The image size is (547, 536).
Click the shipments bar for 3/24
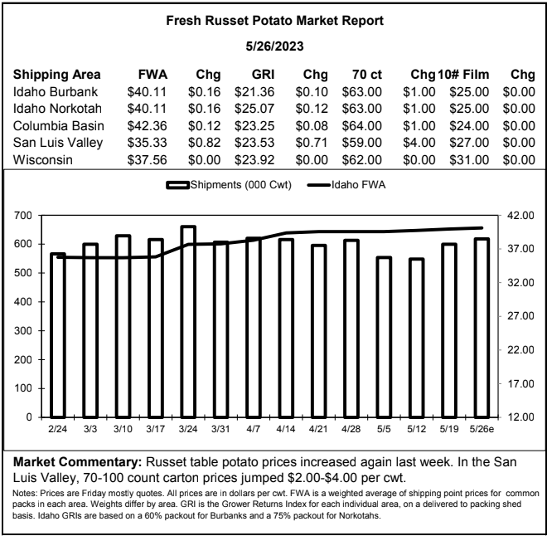pyautogui.click(x=188, y=322)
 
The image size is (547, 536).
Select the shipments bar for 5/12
pyautogui.click(x=417, y=338)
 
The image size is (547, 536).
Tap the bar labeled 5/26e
pyautogui.click(x=482, y=328)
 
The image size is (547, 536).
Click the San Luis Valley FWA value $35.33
pyautogui.click(x=147, y=143)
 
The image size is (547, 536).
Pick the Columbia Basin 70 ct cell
pyautogui.click(x=361, y=126)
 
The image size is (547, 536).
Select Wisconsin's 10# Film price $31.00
pyautogui.click(x=469, y=160)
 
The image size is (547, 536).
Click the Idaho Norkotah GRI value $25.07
pyautogui.click(x=254, y=109)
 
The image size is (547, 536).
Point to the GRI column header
pyautogui.click(x=263, y=75)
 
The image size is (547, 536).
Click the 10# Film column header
pyautogui.click(x=463, y=75)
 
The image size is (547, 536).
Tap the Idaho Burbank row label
pyautogui.click(x=56, y=92)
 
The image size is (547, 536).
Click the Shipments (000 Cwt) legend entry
pyautogui.click(x=229, y=185)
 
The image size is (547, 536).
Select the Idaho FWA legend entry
pyautogui.click(x=346, y=185)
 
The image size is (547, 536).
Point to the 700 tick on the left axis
pyautogui.click(x=23, y=215)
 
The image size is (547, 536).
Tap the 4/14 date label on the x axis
pyautogui.click(x=285, y=429)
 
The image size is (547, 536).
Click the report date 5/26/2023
pyautogui.click(x=274, y=46)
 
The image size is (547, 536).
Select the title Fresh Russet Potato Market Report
pyautogui.click(x=274, y=21)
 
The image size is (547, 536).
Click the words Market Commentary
pyautogui.click(x=77, y=462)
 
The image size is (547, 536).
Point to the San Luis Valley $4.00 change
pyautogui.click(x=419, y=143)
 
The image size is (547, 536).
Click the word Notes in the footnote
pyautogui.click(x=24, y=494)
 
